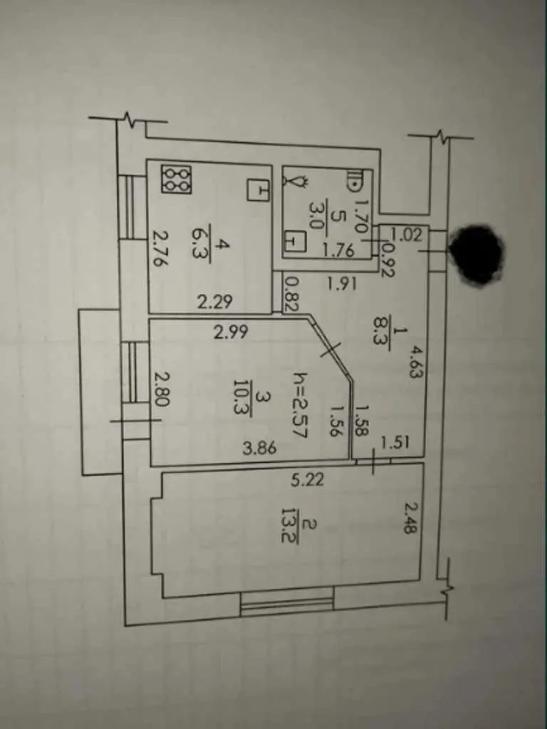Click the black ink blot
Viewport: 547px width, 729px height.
point(479,254)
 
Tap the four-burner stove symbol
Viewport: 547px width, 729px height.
point(176,179)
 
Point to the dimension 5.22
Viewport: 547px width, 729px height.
point(307,479)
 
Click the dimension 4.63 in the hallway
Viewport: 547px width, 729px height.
point(413,362)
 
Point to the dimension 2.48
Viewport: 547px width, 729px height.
point(409,518)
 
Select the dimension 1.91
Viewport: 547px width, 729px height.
point(341,283)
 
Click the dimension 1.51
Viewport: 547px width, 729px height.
point(393,443)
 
